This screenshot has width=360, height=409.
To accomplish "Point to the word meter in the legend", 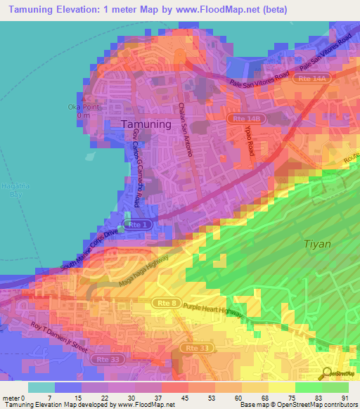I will click(x=10, y=397).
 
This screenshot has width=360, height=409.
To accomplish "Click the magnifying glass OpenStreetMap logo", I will click(x=327, y=373).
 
